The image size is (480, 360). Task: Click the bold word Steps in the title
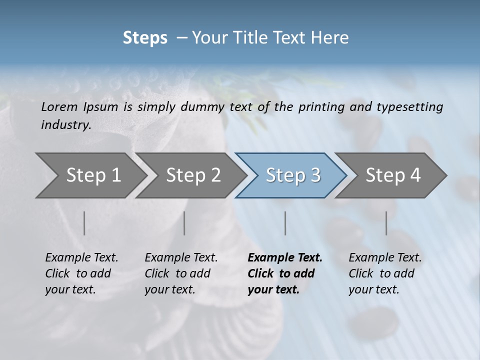coord(145,38)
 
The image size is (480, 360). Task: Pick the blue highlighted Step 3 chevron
coord(293,175)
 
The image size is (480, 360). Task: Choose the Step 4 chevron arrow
coord(393,175)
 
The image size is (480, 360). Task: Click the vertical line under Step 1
coord(84,223)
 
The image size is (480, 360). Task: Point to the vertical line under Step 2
coord(184,223)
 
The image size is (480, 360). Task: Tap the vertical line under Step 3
coord(285,223)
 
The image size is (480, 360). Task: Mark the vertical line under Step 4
coord(386,223)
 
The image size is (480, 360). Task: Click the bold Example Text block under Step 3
coord(285,273)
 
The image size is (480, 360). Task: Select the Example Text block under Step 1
coord(81,273)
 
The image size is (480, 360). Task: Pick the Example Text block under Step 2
coord(181,273)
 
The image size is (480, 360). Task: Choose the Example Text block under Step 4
coord(385,273)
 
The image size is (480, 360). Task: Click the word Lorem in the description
coord(59,106)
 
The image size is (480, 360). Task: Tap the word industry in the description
coord(66,124)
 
